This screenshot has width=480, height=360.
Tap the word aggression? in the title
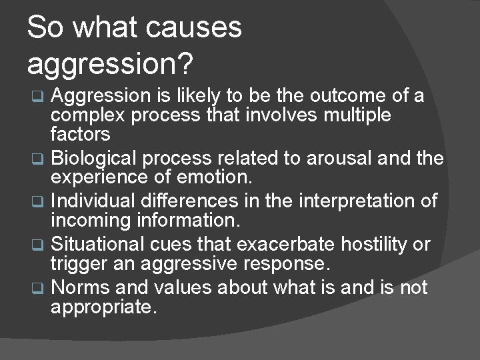coord(110,64)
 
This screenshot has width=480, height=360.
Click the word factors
coord(80,135)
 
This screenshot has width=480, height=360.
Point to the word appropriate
coord(104,308)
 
